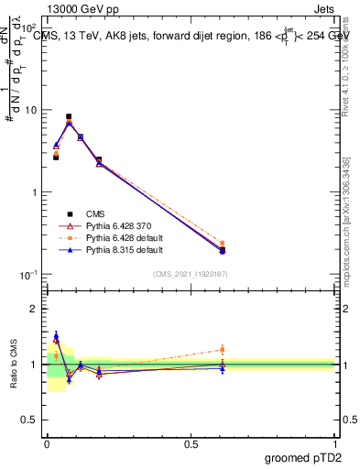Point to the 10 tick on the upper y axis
pos(33,110)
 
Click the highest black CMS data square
pos(69,117)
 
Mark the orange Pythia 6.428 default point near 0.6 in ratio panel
pos(222,349)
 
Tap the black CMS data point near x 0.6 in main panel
pos(222,249)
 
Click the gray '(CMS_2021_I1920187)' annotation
pos(190,273)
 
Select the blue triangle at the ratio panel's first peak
pos(56,336)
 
